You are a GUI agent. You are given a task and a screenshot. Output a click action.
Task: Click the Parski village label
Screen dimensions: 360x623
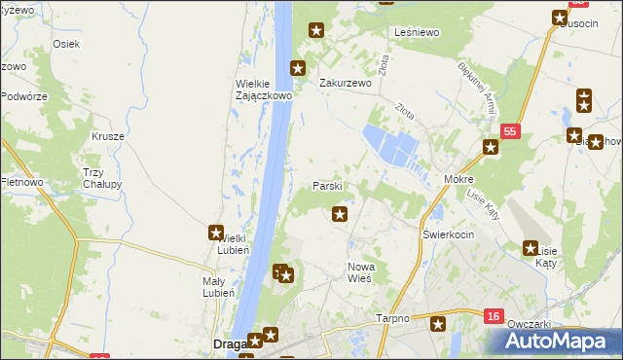[326, 185]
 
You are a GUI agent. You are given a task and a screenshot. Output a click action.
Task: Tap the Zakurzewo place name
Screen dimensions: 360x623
[347, 84]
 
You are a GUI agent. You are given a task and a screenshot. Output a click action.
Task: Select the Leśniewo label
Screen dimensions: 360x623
[419, 32]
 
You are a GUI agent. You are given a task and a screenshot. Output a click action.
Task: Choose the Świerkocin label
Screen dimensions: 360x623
[448, 235]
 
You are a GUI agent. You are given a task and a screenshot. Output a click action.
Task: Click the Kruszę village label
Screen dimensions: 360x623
[108, 136]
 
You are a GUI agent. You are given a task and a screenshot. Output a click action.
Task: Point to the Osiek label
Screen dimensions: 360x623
[66, 44]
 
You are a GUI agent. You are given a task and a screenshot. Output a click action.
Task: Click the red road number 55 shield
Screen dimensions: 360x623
[512, 130]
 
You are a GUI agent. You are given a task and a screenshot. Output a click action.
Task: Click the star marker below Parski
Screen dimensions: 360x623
[340, 214]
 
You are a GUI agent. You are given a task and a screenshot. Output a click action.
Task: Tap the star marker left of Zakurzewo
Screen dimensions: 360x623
[299, 69]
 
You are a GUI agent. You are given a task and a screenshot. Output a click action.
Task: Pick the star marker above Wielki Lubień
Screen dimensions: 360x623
[216, 233]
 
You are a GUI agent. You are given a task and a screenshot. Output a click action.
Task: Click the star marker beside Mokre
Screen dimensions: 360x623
[491, 148]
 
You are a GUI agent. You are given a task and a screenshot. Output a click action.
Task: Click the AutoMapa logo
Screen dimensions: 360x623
[561, 341]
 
